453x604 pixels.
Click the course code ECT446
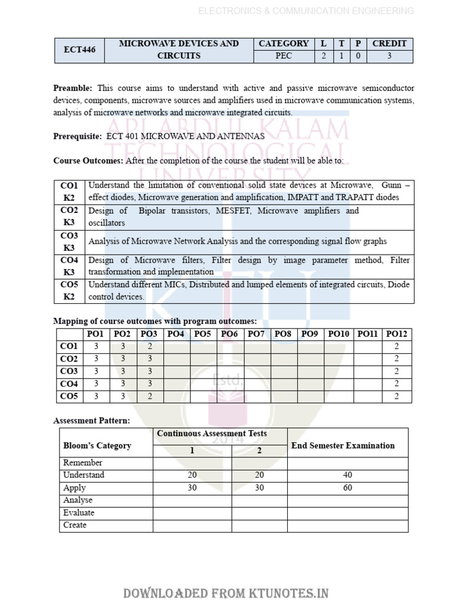coord(79,50)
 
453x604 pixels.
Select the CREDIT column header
coord(389,44)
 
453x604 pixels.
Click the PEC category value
coord(284,57)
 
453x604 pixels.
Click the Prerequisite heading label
coord(77,136)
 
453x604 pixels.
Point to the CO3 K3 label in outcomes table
coord(69,242)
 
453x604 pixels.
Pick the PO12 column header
coord(396,334)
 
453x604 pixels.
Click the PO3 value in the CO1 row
coord(150,347)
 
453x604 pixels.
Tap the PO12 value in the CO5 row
coord(396,396)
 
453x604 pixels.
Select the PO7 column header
coord(257,334)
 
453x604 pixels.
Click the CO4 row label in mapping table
coord(69,384)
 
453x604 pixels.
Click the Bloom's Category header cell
coord(97,446)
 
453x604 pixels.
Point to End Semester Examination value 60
coord(347,488)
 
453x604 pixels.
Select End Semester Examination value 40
coord(347,475)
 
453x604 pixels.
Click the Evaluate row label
coord(78,513)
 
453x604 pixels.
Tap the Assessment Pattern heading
coord(91,421)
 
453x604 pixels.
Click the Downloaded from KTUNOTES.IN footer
coord(226,593)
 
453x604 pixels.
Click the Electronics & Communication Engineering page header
coord(306,11)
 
